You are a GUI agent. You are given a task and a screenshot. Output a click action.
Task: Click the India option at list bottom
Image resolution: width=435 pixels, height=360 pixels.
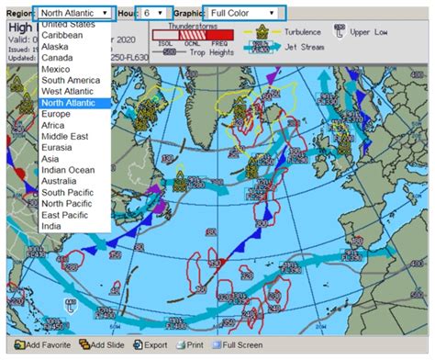click(53, 226)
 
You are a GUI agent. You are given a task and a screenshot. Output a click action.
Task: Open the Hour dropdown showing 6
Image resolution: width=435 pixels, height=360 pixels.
click(153, 14)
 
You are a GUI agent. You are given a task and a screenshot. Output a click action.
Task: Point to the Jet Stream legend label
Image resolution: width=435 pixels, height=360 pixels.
click(304, 46)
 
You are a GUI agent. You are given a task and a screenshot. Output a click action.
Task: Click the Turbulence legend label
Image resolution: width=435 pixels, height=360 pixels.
click(305, 31)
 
